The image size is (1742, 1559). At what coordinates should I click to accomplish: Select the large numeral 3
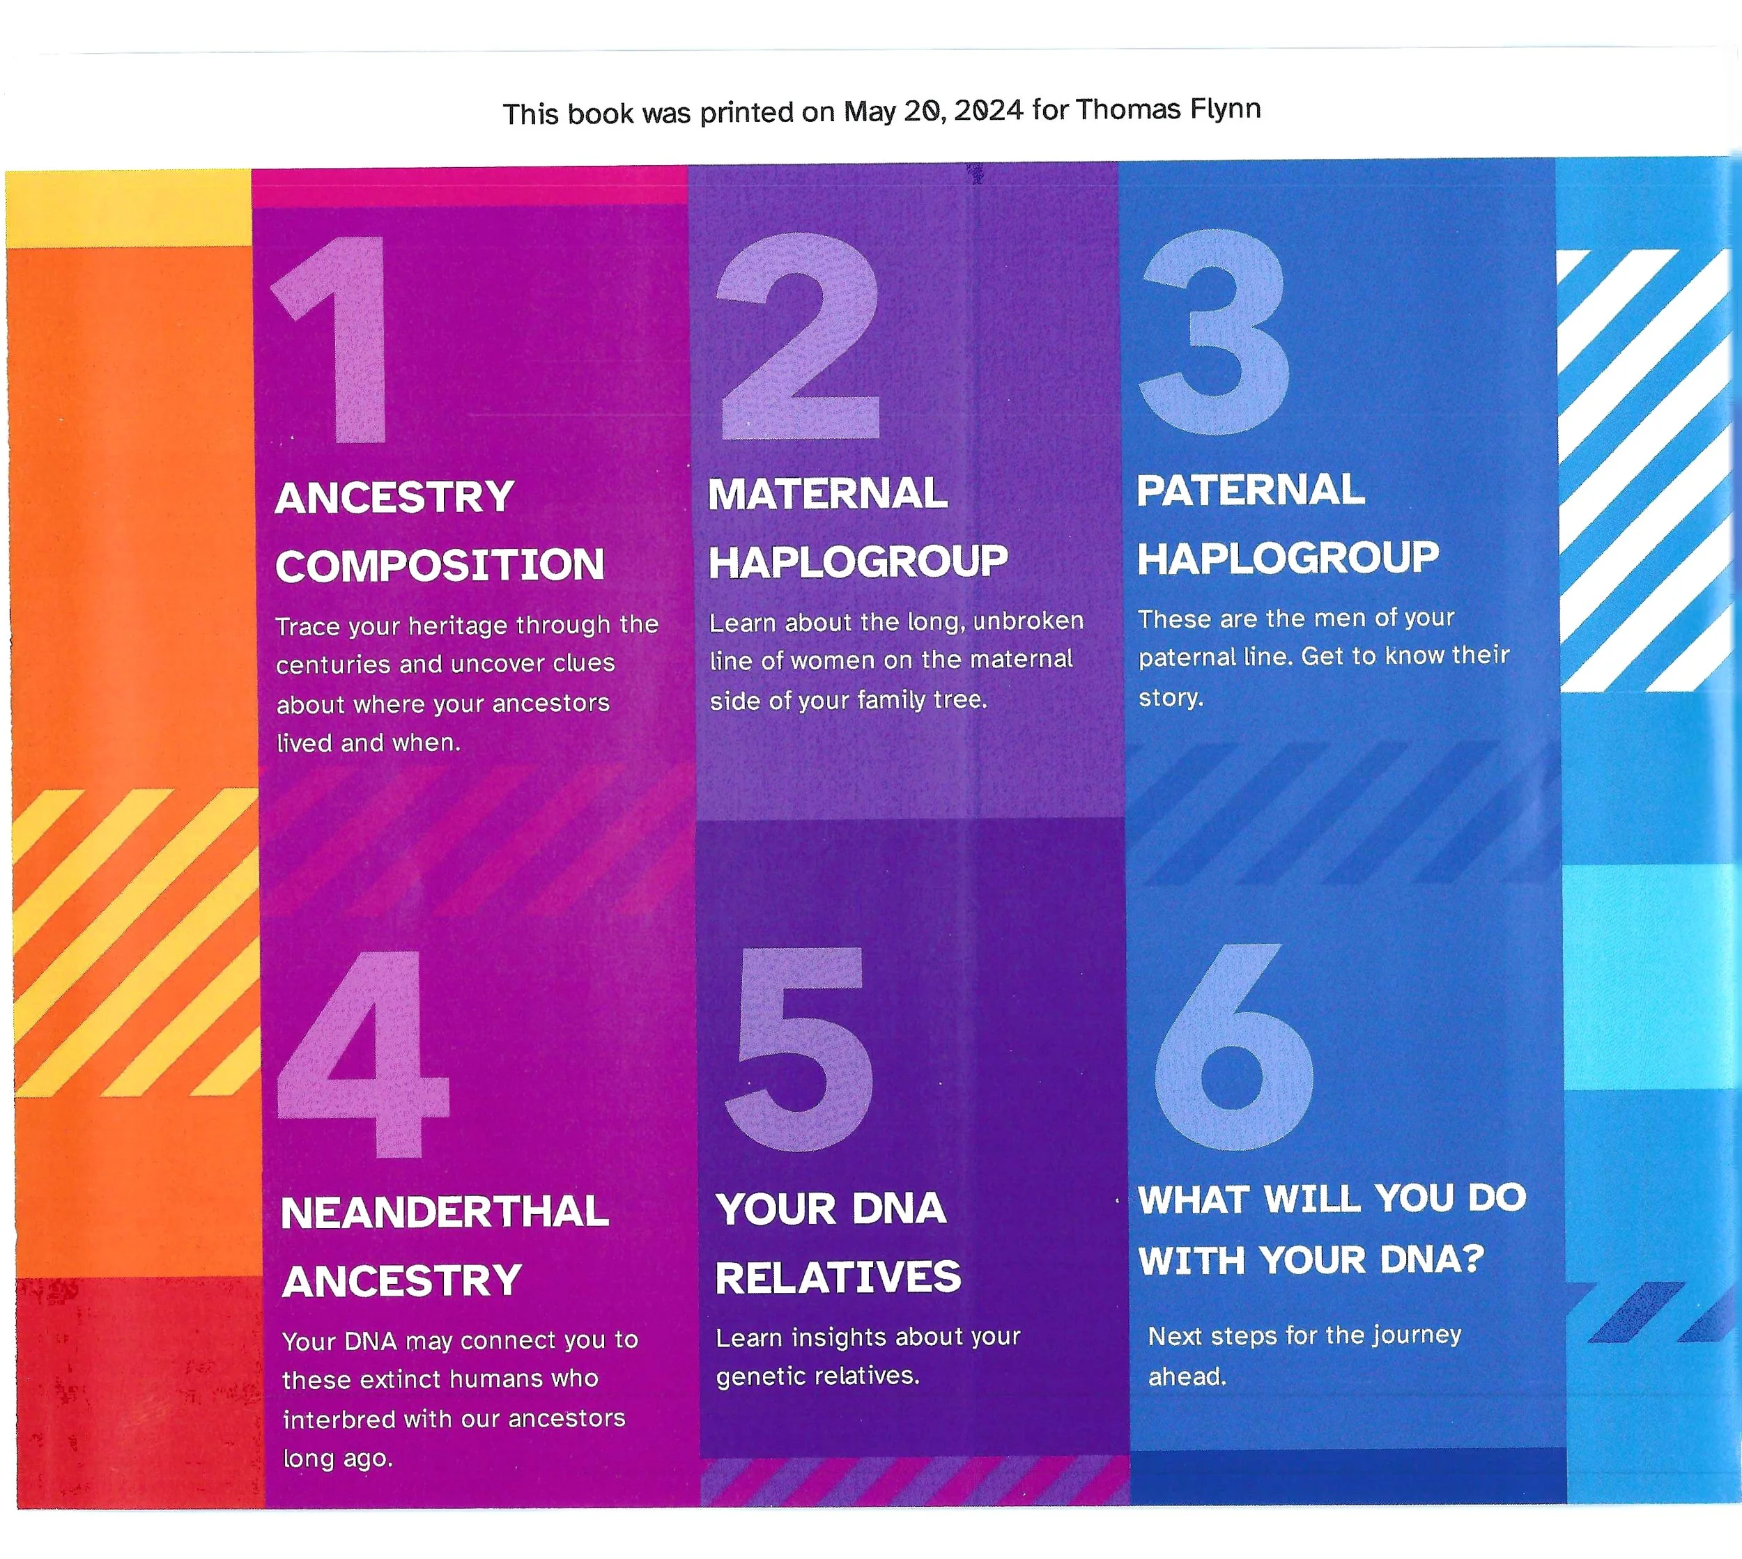point(1217,334)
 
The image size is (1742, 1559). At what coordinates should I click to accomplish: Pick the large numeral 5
point(801,1049)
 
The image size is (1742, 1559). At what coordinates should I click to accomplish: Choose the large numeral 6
point(1234,1049)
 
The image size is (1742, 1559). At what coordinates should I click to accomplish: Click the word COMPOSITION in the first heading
point(440,566)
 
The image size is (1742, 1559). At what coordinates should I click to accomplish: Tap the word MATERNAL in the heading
point(828,495)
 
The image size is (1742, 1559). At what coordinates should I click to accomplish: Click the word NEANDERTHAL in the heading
point(445,1213)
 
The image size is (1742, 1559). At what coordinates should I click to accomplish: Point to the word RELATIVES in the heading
point(838,1278)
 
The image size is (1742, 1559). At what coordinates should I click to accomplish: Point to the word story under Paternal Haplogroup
point(1170,698)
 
